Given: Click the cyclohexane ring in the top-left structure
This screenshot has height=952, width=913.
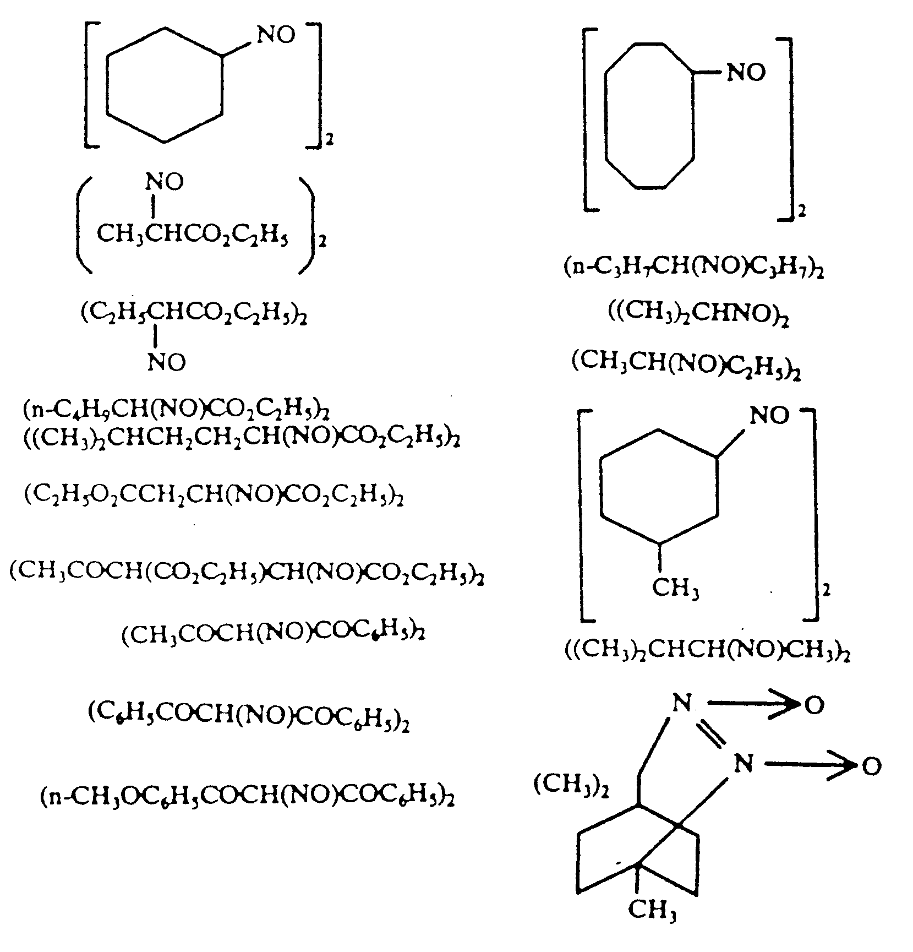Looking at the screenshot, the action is [x=165, y=85].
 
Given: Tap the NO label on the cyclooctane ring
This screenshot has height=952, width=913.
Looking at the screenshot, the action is [x=746, y=73].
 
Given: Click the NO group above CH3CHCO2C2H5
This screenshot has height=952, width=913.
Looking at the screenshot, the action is [x=165, y=182].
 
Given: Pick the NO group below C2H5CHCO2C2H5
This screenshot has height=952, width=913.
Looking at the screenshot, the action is [x=166, y=362].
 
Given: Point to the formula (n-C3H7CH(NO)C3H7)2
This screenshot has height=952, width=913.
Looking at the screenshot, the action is [x=693, y=268].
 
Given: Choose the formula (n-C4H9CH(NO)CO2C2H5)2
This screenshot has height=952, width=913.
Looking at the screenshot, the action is [x=176, y=410].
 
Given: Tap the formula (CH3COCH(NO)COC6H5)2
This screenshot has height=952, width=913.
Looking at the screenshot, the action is [x=274, y=633].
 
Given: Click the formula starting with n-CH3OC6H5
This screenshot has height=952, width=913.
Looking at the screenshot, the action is [x=248, y=797].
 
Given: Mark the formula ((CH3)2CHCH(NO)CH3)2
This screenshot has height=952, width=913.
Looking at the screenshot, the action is [x=707, y=651].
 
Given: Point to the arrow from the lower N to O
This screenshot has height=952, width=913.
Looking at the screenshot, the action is [x=809, y=764].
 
